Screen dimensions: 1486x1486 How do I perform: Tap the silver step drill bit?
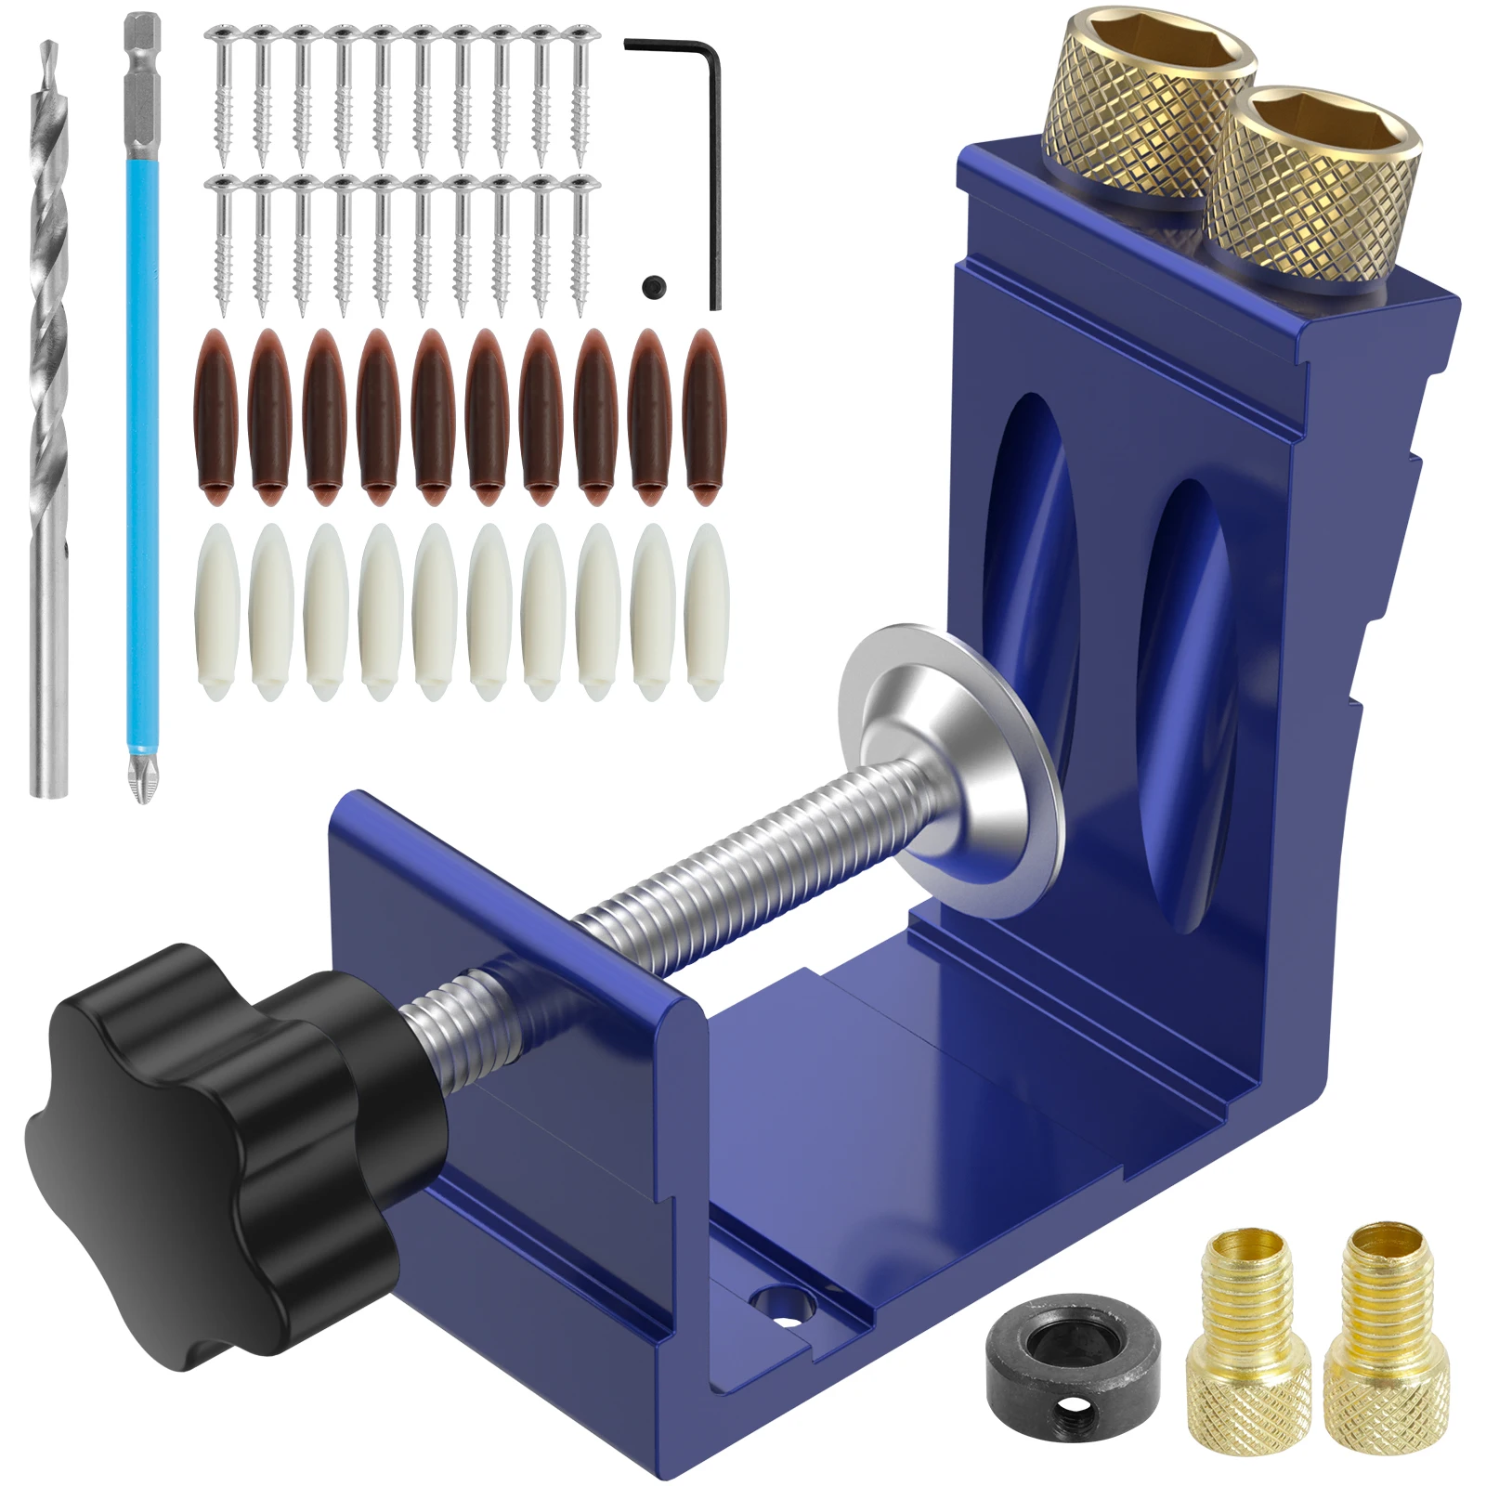49,418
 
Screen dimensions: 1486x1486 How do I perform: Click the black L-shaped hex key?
713,167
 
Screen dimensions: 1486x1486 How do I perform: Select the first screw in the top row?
224,93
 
